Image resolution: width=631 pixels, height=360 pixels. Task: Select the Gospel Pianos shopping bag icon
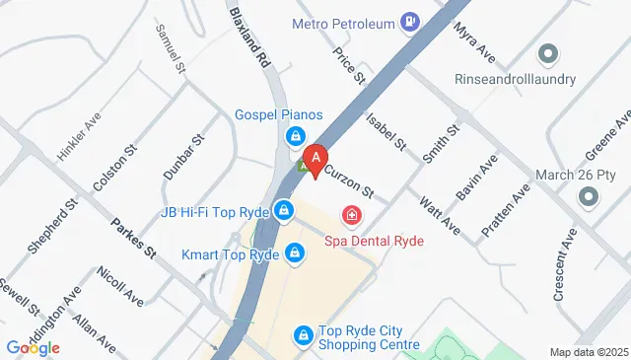point(294,136)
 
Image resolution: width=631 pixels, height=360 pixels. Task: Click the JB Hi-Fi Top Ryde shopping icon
point(284,210)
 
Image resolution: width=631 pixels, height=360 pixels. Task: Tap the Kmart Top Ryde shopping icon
point(295,253)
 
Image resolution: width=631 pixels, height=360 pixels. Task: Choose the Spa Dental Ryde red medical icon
point(350,214)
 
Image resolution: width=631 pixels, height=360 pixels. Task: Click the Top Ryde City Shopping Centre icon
point(305,337)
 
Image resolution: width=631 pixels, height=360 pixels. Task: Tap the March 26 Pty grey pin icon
point(589,197)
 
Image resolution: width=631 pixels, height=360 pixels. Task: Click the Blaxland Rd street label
point(249,37)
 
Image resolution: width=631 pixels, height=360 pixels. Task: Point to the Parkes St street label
point(134,238)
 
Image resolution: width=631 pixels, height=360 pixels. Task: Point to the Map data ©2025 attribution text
point(588,352)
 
